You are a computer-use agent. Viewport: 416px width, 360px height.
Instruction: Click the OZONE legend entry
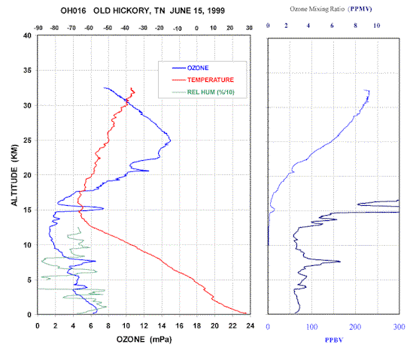pos(190,68)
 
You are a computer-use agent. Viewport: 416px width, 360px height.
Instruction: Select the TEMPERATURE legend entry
pos(202,80)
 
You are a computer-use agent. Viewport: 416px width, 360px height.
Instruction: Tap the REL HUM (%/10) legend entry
pos(203,92)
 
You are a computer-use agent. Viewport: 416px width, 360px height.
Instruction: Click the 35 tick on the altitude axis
pos(27,70)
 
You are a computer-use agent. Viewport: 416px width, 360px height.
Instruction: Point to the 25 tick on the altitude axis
pos(27,141)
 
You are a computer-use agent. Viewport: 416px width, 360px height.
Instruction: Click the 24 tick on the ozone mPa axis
pos(251,325)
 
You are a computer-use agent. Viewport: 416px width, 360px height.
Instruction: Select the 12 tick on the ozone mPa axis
pos(144,325)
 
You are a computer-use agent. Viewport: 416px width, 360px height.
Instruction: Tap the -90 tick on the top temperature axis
pos(38,28)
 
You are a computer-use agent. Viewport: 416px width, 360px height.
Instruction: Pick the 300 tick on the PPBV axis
pos(399,327)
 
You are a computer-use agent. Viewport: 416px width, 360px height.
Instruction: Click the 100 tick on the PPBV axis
pos(311,327)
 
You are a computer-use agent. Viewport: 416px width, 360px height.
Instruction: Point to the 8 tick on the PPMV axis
pos(355,26)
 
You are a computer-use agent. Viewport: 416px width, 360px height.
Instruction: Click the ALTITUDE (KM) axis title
pos(14,175)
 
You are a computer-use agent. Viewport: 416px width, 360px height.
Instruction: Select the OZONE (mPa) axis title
pos(144,339)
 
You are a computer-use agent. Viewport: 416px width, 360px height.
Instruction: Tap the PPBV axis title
pos(334,340)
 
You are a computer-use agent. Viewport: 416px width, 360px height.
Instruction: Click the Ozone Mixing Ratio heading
pos(317,9)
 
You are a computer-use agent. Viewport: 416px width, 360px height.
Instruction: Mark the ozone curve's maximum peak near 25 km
pos(170,141)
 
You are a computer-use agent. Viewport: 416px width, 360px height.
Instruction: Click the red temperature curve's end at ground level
pos(246,313)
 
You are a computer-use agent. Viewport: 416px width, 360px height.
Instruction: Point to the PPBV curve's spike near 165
pos(340,262)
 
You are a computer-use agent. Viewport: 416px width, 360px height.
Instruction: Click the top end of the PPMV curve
pos(365,90)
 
